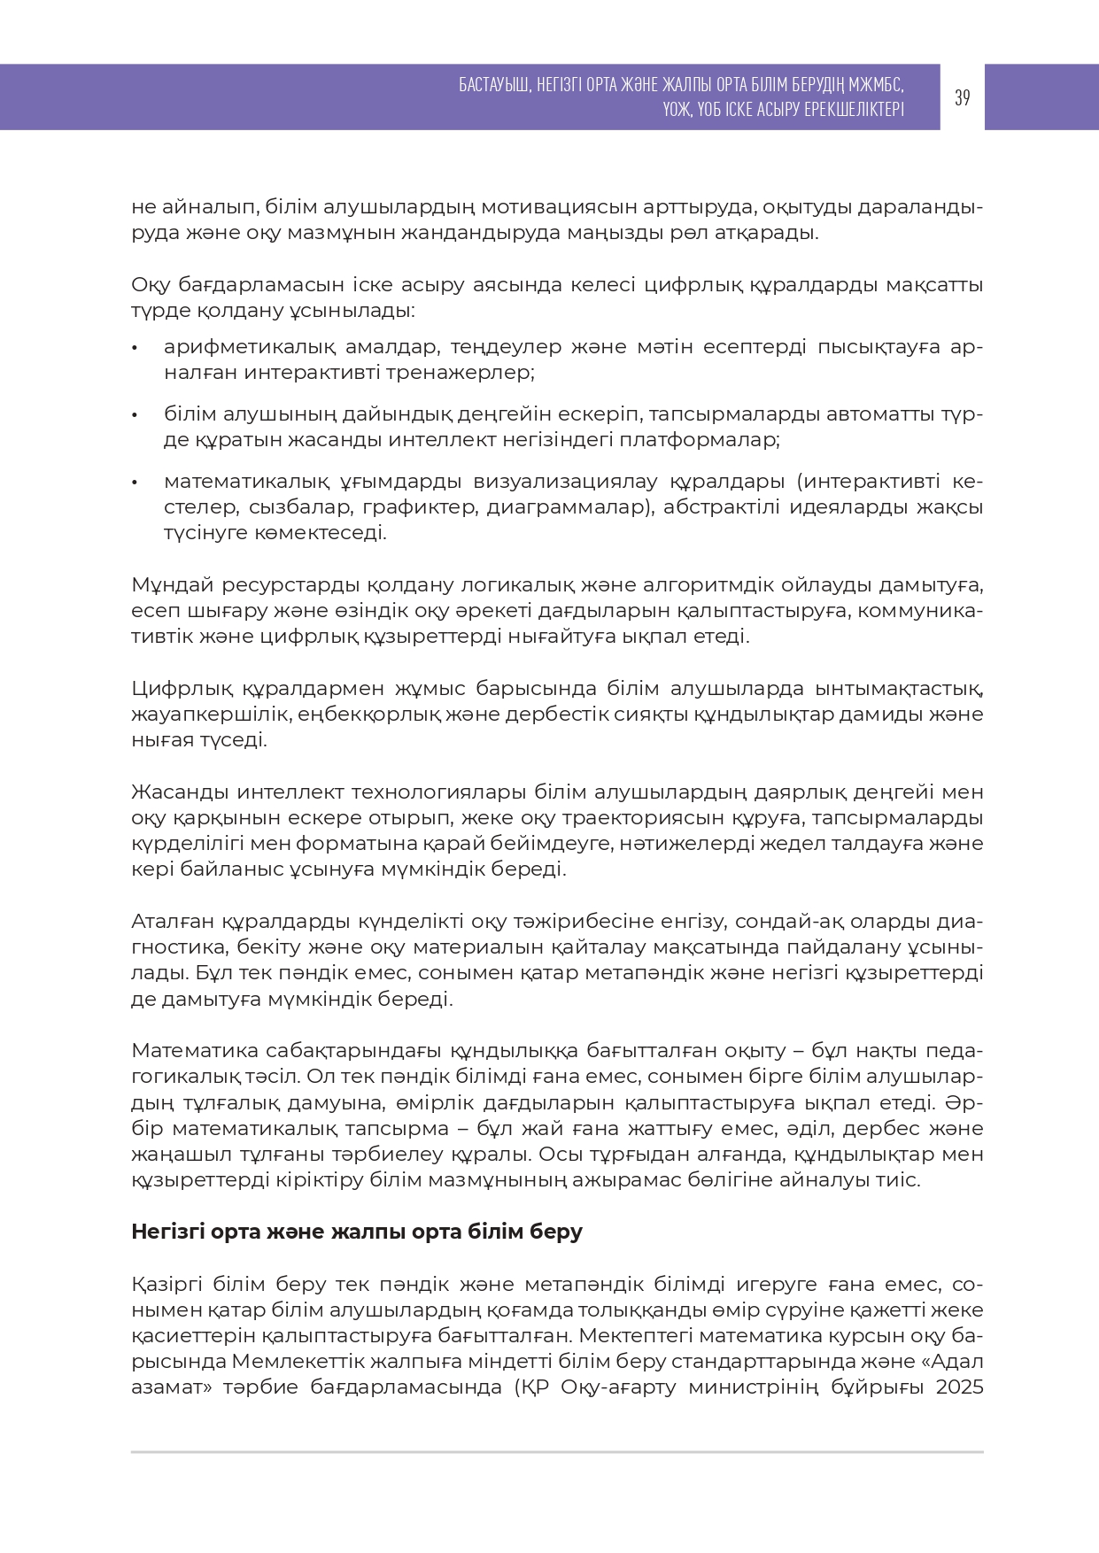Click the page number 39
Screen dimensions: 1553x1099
(962, 97)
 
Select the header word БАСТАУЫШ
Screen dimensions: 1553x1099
(494, 85)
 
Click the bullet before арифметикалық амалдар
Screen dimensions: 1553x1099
(135, 347)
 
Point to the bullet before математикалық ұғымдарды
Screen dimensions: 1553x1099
(135, 483)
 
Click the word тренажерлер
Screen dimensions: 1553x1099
(477, 372)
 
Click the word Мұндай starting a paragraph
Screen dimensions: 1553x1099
(171, 585)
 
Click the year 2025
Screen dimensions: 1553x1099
(959, 1387)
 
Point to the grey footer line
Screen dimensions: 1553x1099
(557, 1452)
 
